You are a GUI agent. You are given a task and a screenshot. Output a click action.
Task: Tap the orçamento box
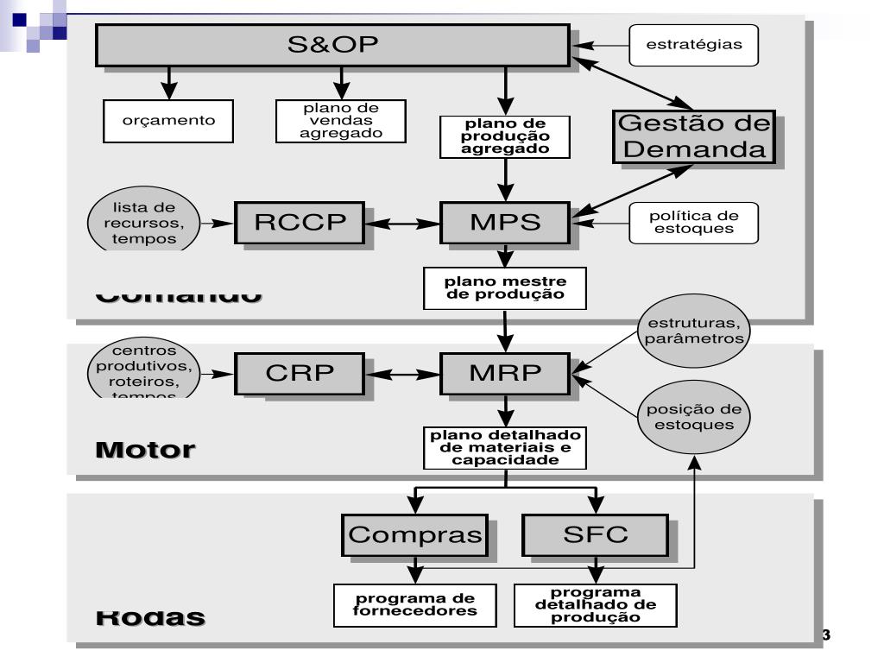pyautogui.click(x=170, y=121)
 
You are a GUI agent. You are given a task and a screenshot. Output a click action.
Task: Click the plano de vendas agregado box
pyautogui.click(x=341, y=121)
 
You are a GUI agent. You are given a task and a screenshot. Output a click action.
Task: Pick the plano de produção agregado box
pyautogui.click(x=505, y=136)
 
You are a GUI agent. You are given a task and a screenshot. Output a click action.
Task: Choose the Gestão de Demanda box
pyautogui.click(x=693, y=136)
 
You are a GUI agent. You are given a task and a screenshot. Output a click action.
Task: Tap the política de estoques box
pyautogui.click(x=693, y=223)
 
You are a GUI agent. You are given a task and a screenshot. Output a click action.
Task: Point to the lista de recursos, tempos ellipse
pyautogui.click(x=143, y=223)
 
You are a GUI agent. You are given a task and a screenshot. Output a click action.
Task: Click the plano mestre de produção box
pyautogui.click(x=505, y=287)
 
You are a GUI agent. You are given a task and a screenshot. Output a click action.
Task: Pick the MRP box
pyautogui.click(x=505, y=375)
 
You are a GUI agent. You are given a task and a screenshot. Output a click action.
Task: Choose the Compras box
pyautogui.click(x=414, y=535)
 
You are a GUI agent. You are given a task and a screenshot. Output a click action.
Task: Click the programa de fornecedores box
pyautogui.click(x=417, y=606)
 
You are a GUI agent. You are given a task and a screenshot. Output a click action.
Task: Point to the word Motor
pyautogui.click(x=145, y=450)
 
